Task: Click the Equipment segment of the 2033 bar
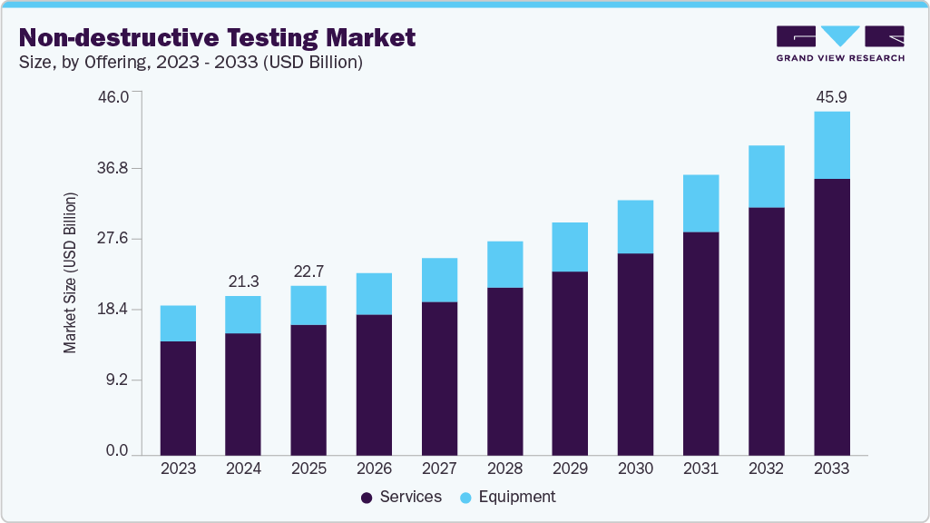click(x=831, y=145)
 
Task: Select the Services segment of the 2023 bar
click(x=178, y=398)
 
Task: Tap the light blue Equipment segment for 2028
click(x=504, y=264)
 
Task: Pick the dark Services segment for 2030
click(x=635, y=354)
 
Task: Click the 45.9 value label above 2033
click(x=831, y=96)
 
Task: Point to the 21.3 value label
click(x=243, y=281)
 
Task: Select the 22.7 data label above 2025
click(x=308, y=271)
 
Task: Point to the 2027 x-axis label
click(x=439, y=469)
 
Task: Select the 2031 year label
click(x=700, y=469)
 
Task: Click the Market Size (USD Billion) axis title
click(x=70, y=272)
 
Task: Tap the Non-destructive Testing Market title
click(x=217, y=37)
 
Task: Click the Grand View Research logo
click(x=840, y=44)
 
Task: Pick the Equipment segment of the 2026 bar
click(x=374, y=293)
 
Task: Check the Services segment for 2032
click(x=766, y=331)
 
